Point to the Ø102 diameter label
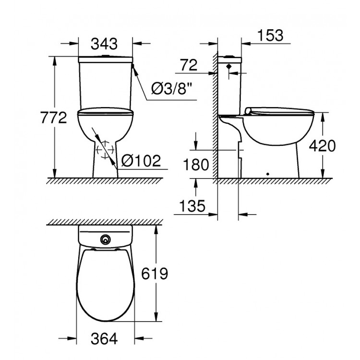click(x=141, y=161)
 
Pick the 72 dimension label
click(x=189, y=66)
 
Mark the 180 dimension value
click(x=196, y=165)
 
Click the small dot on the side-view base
click(x=267, y=174)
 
